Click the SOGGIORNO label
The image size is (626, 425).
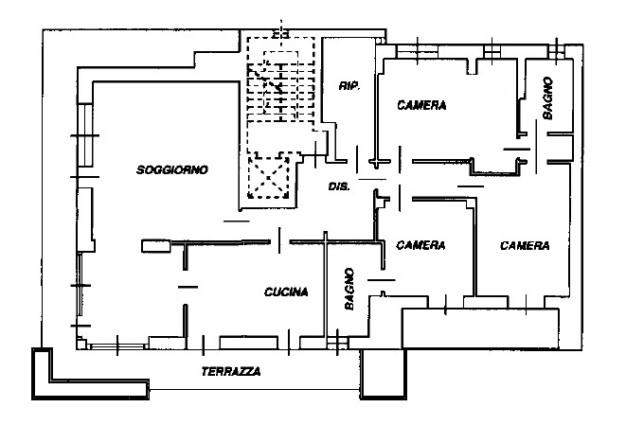point(171,170)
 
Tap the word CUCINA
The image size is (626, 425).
point(286,292)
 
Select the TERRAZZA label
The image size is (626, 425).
point(231,371)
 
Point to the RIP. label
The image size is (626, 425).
point(348,86)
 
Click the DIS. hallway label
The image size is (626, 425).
point(339,186)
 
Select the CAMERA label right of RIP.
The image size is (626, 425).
point(421,105)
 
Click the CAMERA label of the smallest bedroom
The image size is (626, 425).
point(420,245)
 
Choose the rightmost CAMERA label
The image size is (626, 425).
point(525,245)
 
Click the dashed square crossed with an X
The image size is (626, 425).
point(268,176)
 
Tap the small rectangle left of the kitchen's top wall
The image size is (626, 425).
point(154,246)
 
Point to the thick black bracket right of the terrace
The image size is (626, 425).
point(384,375)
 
